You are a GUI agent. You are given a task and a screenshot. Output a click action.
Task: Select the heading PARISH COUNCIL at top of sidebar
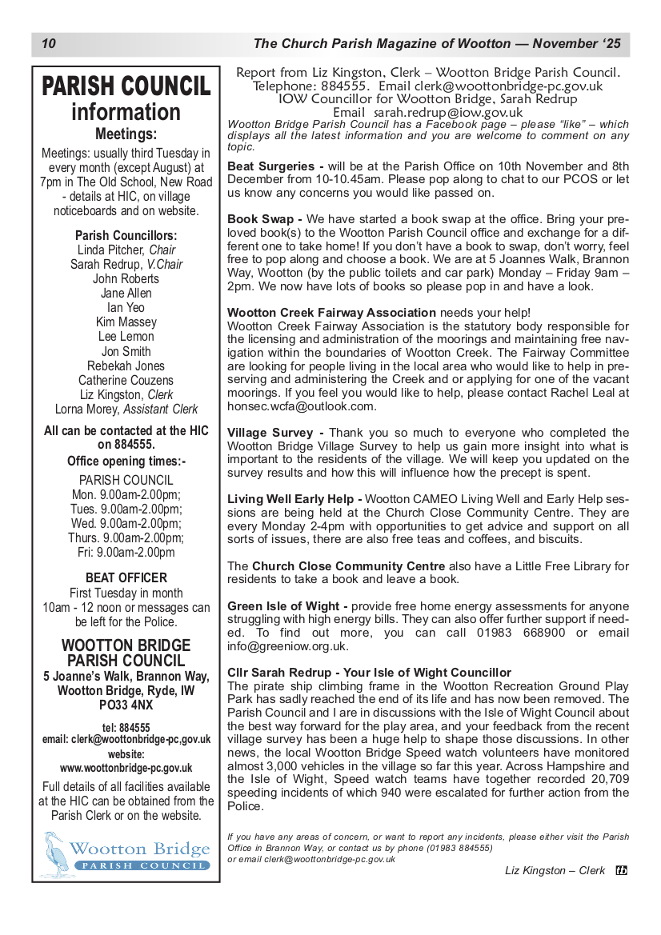click(126, 86)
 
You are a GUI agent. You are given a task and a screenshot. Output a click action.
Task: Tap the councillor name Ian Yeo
click(126, 308)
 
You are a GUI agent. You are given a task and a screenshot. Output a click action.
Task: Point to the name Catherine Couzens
click(126, 380)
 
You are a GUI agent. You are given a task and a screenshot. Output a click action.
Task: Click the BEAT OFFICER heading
click(126, 577)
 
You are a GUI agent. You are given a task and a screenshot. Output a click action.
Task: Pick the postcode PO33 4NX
click(126, 705)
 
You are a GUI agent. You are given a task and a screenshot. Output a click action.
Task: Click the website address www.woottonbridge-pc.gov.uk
click(126, 768)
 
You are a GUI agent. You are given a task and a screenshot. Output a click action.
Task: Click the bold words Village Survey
click(270, 433)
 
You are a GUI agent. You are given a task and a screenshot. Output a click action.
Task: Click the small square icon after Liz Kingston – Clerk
click(621, 871)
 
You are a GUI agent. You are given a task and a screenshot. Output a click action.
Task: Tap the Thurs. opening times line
click(126, 537)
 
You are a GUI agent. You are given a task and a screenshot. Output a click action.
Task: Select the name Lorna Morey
click(88, 409)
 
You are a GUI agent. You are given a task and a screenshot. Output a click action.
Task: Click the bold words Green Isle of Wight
click(282, 605)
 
